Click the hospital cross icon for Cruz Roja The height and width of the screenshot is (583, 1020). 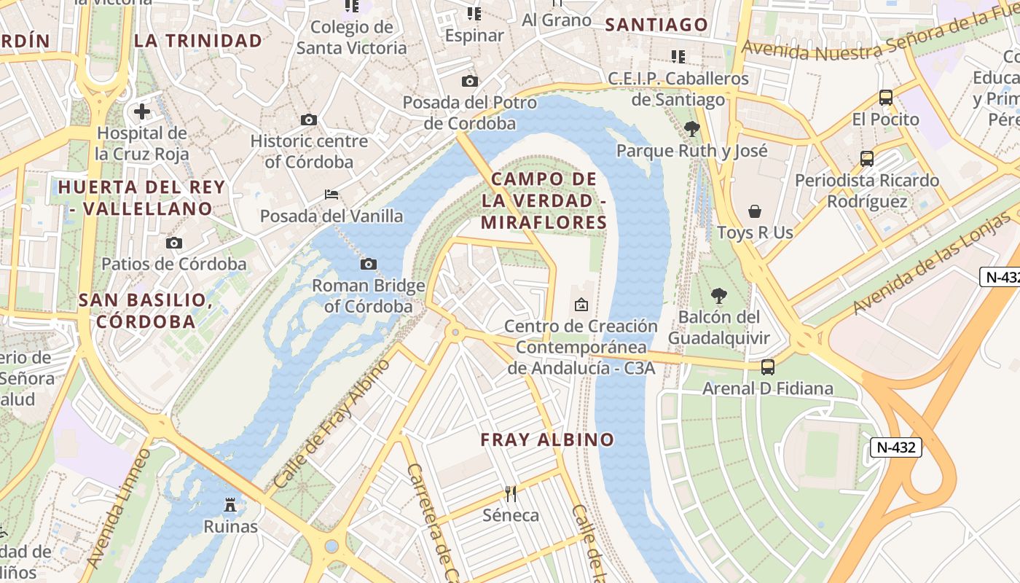tap(142, 111)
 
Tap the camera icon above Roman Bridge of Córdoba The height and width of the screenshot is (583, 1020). tap(369, 264)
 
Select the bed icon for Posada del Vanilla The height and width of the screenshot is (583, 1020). tap(331, 195)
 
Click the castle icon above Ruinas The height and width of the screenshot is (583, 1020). tap(230, 504)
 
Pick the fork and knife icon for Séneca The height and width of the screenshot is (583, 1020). tap(511, 494)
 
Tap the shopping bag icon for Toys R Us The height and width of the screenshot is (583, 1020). tap(754, 211)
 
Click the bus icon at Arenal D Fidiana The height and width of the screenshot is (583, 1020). tap(767, 367)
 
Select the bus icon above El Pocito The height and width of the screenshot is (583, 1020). tap(886, 97)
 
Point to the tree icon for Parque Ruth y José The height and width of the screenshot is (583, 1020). tap(691, 129)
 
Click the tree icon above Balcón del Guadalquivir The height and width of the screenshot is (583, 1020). tap(718, 296)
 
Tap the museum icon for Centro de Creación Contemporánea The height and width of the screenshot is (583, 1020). tap(581, 305)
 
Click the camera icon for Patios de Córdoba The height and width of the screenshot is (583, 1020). tap(173, 243)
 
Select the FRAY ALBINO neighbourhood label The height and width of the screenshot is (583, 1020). tap(547, 439)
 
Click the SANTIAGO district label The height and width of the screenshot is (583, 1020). tap(656, 25)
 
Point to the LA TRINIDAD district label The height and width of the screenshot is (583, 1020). tap(198, 41)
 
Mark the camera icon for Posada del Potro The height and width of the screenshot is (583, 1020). tap(470, 81)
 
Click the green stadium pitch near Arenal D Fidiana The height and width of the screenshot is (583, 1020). tap(822, 445)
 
